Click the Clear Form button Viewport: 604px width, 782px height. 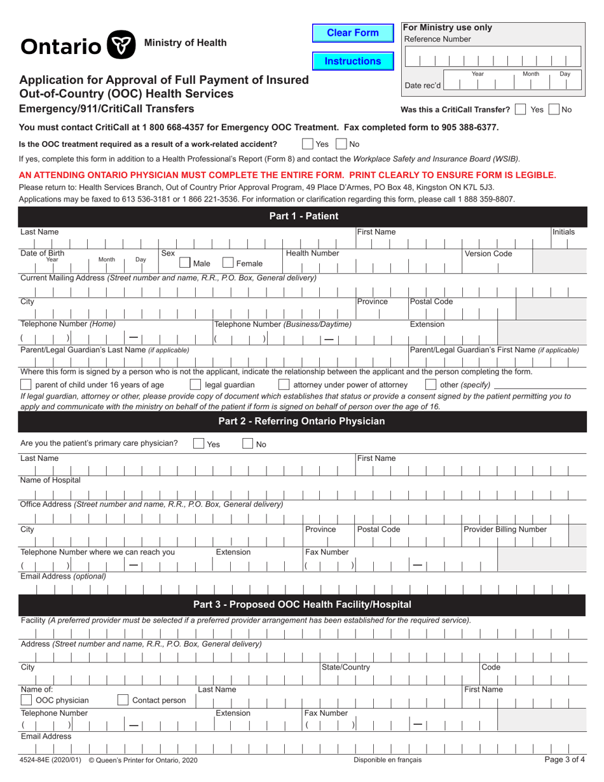pyautogui.click(x=352, y=33)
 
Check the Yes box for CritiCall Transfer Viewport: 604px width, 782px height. pyautogui.click(x=521, y=109)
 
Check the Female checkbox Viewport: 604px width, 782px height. pyautogui.click(x=228, y=263)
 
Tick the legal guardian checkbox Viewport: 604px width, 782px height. pyautogui.click(x=196, y=385)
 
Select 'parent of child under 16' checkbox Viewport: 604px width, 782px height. pyautogui.click(x=26, y=385)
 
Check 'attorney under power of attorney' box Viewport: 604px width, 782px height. pyautogui.click(x=284, y=385)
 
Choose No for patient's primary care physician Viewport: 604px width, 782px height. pyautogui.click(x=248, y=444)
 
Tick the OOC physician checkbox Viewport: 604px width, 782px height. pyautogui.click(x=27, y=701)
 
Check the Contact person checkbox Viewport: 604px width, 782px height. pyautogui.click(x=123, y=701)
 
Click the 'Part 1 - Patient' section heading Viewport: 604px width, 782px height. pyautogui.click(x=304, y=216)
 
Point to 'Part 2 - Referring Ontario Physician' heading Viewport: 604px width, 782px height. pyautogui.click(x=301, y=421)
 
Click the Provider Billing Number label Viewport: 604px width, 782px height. pyautogui.click(x=505, y=530)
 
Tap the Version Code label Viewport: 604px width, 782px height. pyautogui.click(x=488, y=254)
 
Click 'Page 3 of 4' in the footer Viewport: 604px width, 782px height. pyautogui.click(x=565, y=760)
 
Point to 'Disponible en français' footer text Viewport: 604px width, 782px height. pyautogui.click(x=387, y=760)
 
